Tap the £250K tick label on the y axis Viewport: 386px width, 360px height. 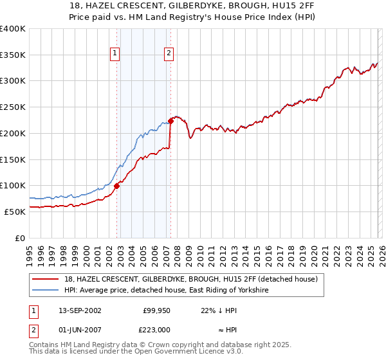[x=12, y=107]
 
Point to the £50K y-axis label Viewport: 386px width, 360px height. [x=14, y=212]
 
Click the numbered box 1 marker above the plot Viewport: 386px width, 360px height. [x=115, y=54]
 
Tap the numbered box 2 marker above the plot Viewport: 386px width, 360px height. [x=169, y=54]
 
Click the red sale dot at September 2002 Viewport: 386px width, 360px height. [x=116, y=186]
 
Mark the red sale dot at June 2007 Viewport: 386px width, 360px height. [x=170, y=121]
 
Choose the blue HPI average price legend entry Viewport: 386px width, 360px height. [x=166, y=291]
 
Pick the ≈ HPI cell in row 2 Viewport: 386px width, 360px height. [x=223, y=328]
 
